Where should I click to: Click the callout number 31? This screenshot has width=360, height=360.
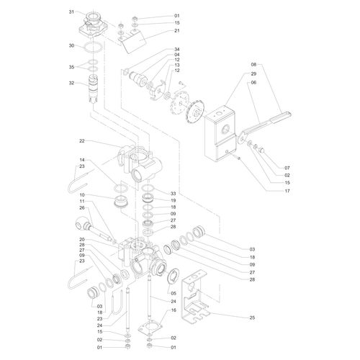(x=71, y=12)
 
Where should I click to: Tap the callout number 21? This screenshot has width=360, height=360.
(x=177, y=31)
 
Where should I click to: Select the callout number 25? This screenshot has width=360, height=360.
(x=252, y=318)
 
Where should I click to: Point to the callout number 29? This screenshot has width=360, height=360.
(x=253, y=73)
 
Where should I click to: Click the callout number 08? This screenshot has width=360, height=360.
(x=253, y=64)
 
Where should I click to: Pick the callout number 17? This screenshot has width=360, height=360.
(x=287, y=191)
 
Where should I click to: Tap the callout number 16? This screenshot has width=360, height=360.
(x=174, y=310)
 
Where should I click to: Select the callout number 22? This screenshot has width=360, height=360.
(x=82, y=141)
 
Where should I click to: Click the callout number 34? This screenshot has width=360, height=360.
(x=177, y=49)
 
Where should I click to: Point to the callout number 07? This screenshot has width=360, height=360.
(x=287, y=168)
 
